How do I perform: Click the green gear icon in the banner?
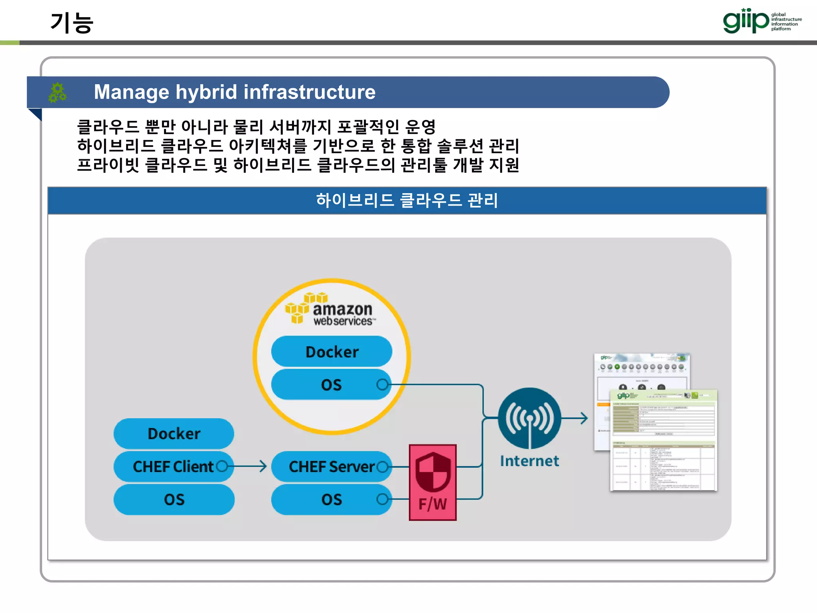click(57, 92)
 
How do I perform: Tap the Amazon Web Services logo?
click(331, 310)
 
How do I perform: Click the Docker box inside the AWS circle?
click(332, 352)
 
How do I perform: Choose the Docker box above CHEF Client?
click(174, 434)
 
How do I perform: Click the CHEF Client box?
click(173, 467)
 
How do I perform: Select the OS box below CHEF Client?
click(174, 500)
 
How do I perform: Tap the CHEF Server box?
click(331, 467)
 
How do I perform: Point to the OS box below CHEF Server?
click(331, 500)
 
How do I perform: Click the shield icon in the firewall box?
click(433, 472)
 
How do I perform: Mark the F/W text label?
click(433, 504)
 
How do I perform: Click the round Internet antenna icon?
click(529, 418)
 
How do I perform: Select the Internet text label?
click(529, 461)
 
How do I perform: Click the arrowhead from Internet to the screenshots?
click(584, 418)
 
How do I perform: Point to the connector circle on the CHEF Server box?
click(382, 467)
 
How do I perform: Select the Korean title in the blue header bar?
click(407, 200)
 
